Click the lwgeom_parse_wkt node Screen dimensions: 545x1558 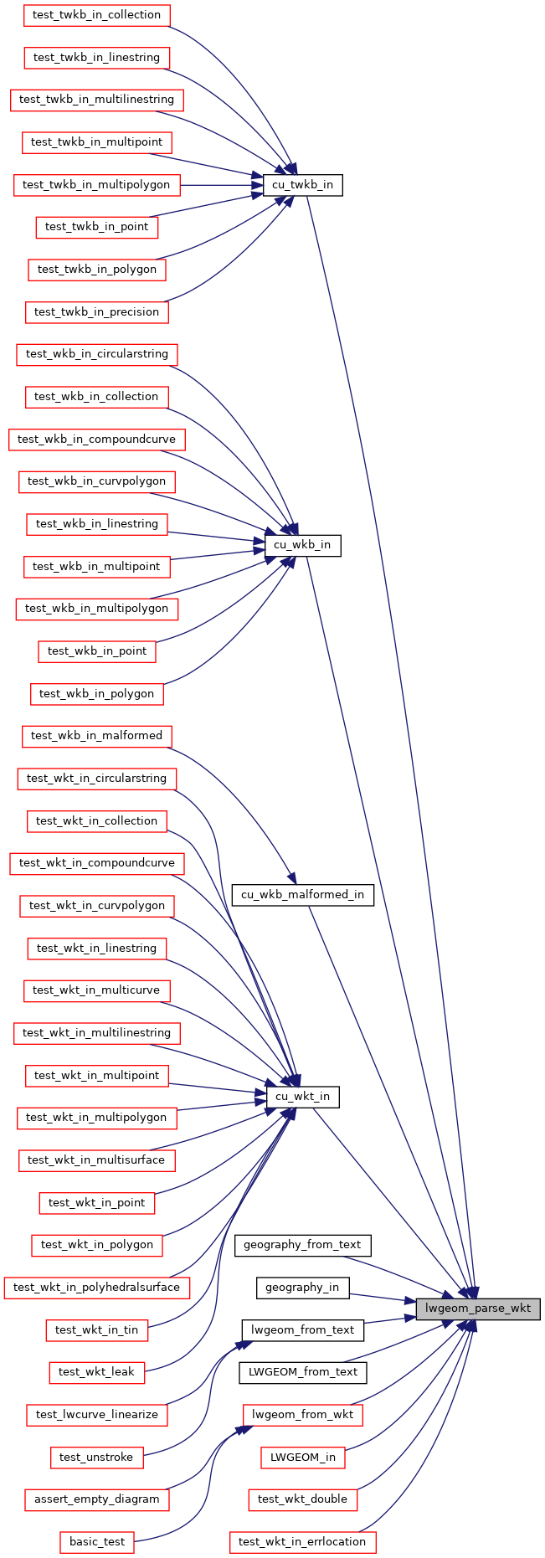pyautogui.click(x=478, y=1309)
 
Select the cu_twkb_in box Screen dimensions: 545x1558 pyautogui.click(x=303, y=184)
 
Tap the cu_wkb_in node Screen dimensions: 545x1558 pyautogui.click(x=303, y=545)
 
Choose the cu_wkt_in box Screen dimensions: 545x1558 pyautogui.click(x=302, y=1096)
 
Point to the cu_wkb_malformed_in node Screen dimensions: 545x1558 pyautogui.click(x=302, y=894)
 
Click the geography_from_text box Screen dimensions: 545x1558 pyautogui.click(x=302, y=1245)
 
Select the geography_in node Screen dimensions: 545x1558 pyautogui.click(x=302, y=1287)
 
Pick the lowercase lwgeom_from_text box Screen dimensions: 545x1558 pyautogui.click(x=302, y=1329)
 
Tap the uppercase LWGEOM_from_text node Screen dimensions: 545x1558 pyautogui.click(x=302, y=1372)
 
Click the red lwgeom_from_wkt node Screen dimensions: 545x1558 pyautogui.click(x=302, y=1415)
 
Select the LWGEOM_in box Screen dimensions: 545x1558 pyautogui.click(x=302, y=1457)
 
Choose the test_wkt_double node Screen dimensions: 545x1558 pyautogui.click(x=302, y=1499)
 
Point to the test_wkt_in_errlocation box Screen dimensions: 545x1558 pyautogui.click(x=302, y=1542)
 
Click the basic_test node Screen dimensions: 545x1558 pyautogui.click(x=97, y=1542)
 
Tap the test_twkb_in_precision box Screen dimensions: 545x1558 pyautogui.click(x=97, y=311)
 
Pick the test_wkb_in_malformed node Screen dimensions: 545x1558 pyautogui.click(x=97, y=736)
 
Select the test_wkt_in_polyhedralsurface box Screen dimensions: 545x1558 pyautogui.click(x=97, y=1287)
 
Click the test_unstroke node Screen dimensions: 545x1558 pyautogui.click(x=97, y=1457)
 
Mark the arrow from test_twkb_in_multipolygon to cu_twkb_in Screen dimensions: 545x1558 pyautogui.click(x=222, y=184)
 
